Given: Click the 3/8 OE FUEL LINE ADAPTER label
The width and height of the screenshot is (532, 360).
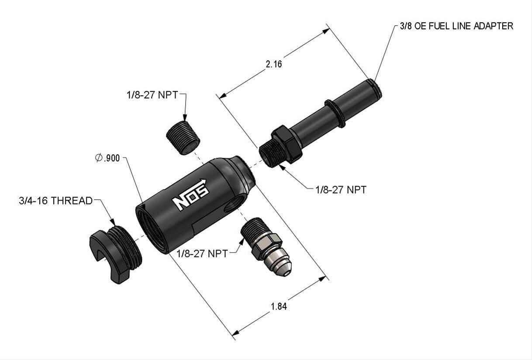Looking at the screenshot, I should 456,26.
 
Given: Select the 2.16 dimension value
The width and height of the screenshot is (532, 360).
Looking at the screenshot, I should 274,64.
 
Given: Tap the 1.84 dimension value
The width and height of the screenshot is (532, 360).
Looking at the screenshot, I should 279,306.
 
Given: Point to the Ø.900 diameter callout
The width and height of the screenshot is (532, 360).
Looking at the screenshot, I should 107,158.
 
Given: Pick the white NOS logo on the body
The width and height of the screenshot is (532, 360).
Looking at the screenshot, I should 190,195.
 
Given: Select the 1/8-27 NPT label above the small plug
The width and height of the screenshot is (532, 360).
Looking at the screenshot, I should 152,94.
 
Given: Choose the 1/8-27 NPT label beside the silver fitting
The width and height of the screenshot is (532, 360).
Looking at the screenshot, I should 202,253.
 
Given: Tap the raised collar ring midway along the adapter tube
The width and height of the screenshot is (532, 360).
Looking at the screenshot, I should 335,113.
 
